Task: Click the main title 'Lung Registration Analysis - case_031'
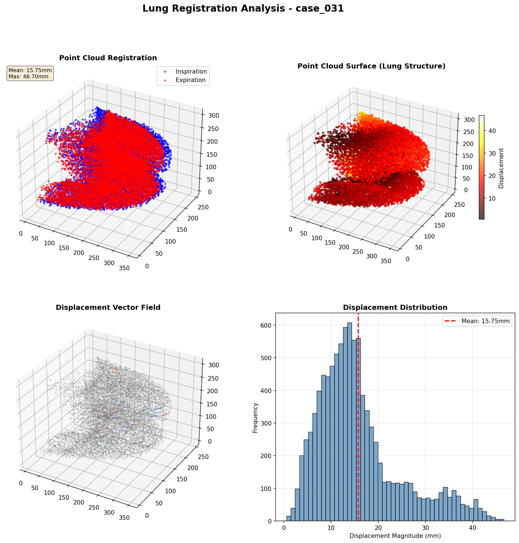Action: (243, 9)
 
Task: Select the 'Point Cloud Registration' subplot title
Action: (108, 58)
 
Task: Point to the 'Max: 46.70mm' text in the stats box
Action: (28, 77)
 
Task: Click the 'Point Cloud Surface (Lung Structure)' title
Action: (371, 66)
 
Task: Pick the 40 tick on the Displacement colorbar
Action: (492, 131)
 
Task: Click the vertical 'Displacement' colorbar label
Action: (501, 168)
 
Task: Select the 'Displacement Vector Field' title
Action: (108, 308)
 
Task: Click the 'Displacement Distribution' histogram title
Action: (395, 308)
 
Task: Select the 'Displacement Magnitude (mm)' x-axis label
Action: (395, 536)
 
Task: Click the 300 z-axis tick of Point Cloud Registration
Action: (214, 115)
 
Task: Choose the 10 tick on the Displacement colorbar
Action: (492, 198)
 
